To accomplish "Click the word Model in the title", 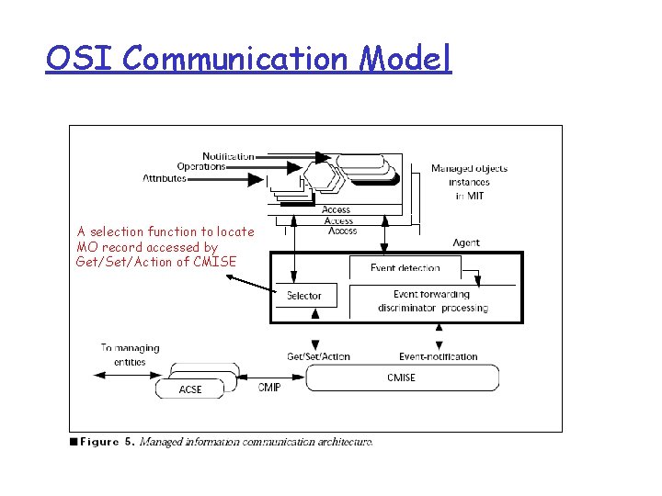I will [x=405, y=59].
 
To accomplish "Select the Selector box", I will [x=304, y=295].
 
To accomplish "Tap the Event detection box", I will [x=405, y=267].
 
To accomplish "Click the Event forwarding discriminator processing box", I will [x=432, y=301].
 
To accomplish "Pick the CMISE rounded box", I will [x=402, y=378].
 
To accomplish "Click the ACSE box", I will [x=190, y=389].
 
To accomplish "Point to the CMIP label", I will [x=269, y=388].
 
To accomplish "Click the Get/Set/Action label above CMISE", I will [x=318, y=356].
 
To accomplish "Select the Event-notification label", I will [x=438, y=356].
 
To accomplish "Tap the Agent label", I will [x=466, y=242].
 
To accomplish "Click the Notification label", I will [x=228, y=156].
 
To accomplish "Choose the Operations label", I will [x=201, y=167].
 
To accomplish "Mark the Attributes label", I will [x=165, y=178].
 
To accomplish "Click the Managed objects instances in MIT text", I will [x=469, y=182].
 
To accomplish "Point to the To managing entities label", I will [x=130, y=355].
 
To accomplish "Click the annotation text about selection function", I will [x=165, y=246].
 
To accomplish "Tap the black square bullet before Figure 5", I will [x=74, y=442].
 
